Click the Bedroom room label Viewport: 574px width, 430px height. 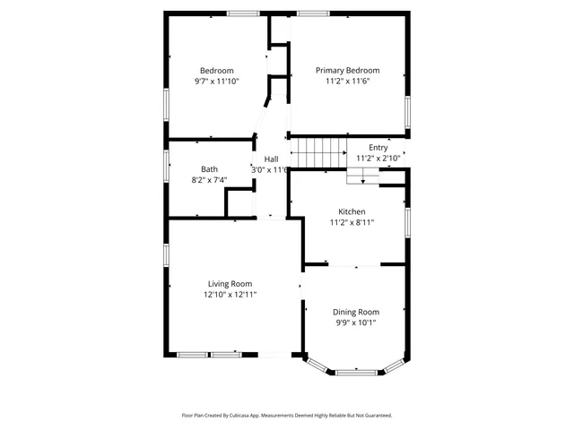(x=216, y=71)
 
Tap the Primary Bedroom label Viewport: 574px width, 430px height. (x=347, y=71)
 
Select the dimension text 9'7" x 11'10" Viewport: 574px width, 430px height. (x=216, y=82)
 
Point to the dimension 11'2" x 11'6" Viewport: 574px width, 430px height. (x=347, y=82)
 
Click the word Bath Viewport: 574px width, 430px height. (x=209, y=168)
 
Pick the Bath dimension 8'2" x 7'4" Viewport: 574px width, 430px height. (x=209, y=179)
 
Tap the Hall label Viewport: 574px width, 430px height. (x=271, y=159)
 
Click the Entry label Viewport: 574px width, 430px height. (x=378, y=148)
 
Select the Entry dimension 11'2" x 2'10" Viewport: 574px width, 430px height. (x=378, y=159)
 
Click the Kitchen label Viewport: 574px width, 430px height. (x=352, y=211)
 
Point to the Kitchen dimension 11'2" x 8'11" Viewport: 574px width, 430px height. (x=352, y=222)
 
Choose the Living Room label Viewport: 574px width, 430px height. (x=230, y=283)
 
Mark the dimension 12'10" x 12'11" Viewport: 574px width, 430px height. (x=230, y=294)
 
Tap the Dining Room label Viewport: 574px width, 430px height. (x=356, y=312)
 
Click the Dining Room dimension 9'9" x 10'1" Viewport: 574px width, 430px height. (x=356, y=322)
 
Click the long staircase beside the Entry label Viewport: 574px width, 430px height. (x=323, y=152)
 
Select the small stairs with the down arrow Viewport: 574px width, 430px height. (x=363, y=176)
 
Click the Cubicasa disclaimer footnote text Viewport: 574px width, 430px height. (x=287, y=416)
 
